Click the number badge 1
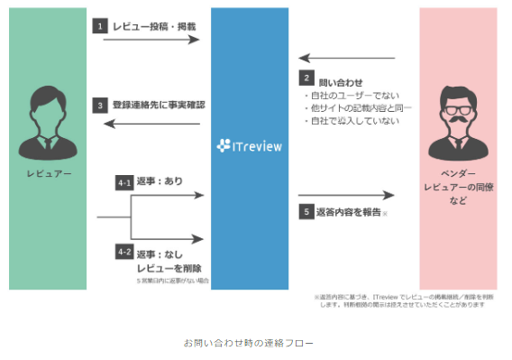coord(100,26)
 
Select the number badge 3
coord(100,105)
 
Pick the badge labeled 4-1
coord(125,180)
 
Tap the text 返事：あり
coord(160,180)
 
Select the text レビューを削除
coord(169,268)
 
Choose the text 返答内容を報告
coord(348,213)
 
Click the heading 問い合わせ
coord(339,78)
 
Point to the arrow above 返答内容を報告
coord(346,195)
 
